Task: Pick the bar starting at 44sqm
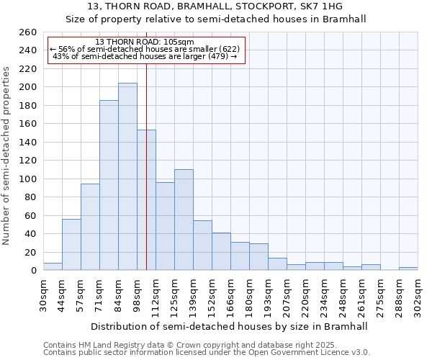point(71,245)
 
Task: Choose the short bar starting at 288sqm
point(408,269)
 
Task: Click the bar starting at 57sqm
point(90,227)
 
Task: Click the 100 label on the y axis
point(28,179)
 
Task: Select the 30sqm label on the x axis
point(44,294)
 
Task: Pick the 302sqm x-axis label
point(418,294)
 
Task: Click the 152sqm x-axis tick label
point(212,294)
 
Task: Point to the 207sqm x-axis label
point(287,294)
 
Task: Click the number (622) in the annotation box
point(229,49)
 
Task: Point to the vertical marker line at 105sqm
point(146,180)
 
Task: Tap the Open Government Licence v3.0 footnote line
point(207,353)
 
